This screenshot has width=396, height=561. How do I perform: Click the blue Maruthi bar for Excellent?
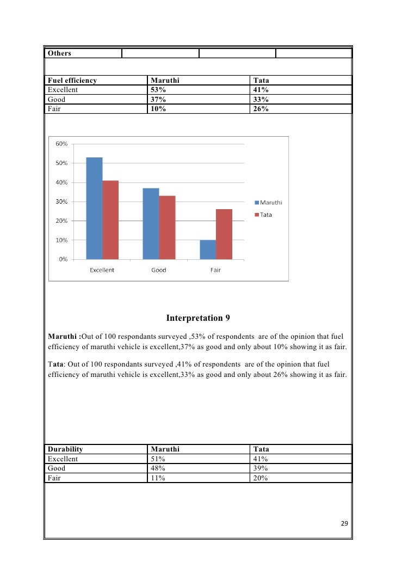pos(94,208)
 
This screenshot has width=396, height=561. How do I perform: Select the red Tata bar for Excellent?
pos(110,219)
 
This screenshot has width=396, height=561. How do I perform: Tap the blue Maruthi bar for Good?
pos(151,223)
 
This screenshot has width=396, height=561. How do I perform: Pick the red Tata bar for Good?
pos(167,227)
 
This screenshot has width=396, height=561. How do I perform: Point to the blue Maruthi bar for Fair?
pos(208,249)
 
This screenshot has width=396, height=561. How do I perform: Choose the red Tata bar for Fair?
pos(224,234)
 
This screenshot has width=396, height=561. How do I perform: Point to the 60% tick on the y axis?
pos(61,144)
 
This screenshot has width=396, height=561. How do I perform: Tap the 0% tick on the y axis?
pos(63,259)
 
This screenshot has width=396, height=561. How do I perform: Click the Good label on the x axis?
pos(159,270)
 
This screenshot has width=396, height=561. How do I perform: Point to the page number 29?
pos(344,524)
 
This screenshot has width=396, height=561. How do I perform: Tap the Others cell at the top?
pos(59,53)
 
